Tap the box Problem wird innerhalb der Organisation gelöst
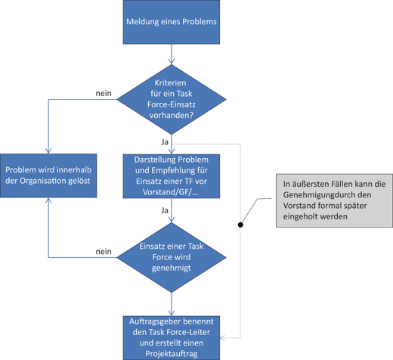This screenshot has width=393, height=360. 49,177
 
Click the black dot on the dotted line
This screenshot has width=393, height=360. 240,225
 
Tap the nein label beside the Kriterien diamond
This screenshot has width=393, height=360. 104,94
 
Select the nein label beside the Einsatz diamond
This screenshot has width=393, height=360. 104,251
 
